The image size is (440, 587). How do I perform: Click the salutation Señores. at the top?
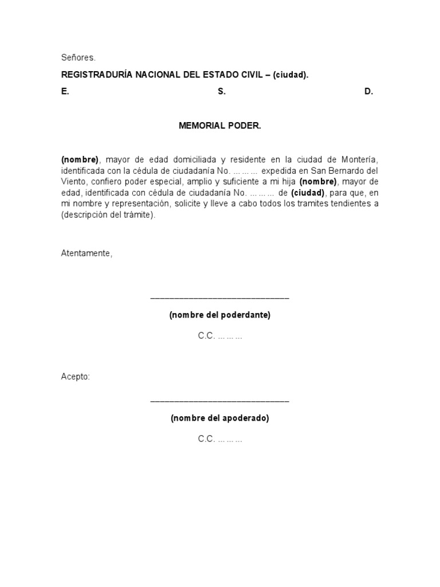pyautogui.click(x=78, y=58)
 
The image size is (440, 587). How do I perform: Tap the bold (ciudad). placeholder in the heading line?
pyautogui.click(x=290, y=75)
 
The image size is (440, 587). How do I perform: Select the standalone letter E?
pyautogui.click(x=65, y=92)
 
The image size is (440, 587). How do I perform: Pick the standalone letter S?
pyautogui.click(x=222, y=92)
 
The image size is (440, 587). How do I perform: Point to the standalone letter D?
pyautogui.click(x=368, y=92)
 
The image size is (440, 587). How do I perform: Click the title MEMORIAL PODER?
pyautogui.click(x=220, y=126)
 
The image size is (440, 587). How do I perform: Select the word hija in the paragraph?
pyautogui.click(x=288, y=182)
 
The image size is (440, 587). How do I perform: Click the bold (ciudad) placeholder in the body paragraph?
pyautogui.click(x=308, y=193)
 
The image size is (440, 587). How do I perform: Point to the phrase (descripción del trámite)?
pyautogui.click(x=108, y=215)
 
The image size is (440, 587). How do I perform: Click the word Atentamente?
pyautogui.click(x=87, y=253)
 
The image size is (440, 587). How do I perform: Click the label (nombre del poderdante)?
pyautogui.click(x=220, y=315)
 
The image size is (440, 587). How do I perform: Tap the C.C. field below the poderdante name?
pyautogui.click(x=220, y=336)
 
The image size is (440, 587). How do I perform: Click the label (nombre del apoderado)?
pyautogui.click(x=220, y=418)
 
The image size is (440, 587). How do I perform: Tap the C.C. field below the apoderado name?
pyautogui.click(x=220, y=439)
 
